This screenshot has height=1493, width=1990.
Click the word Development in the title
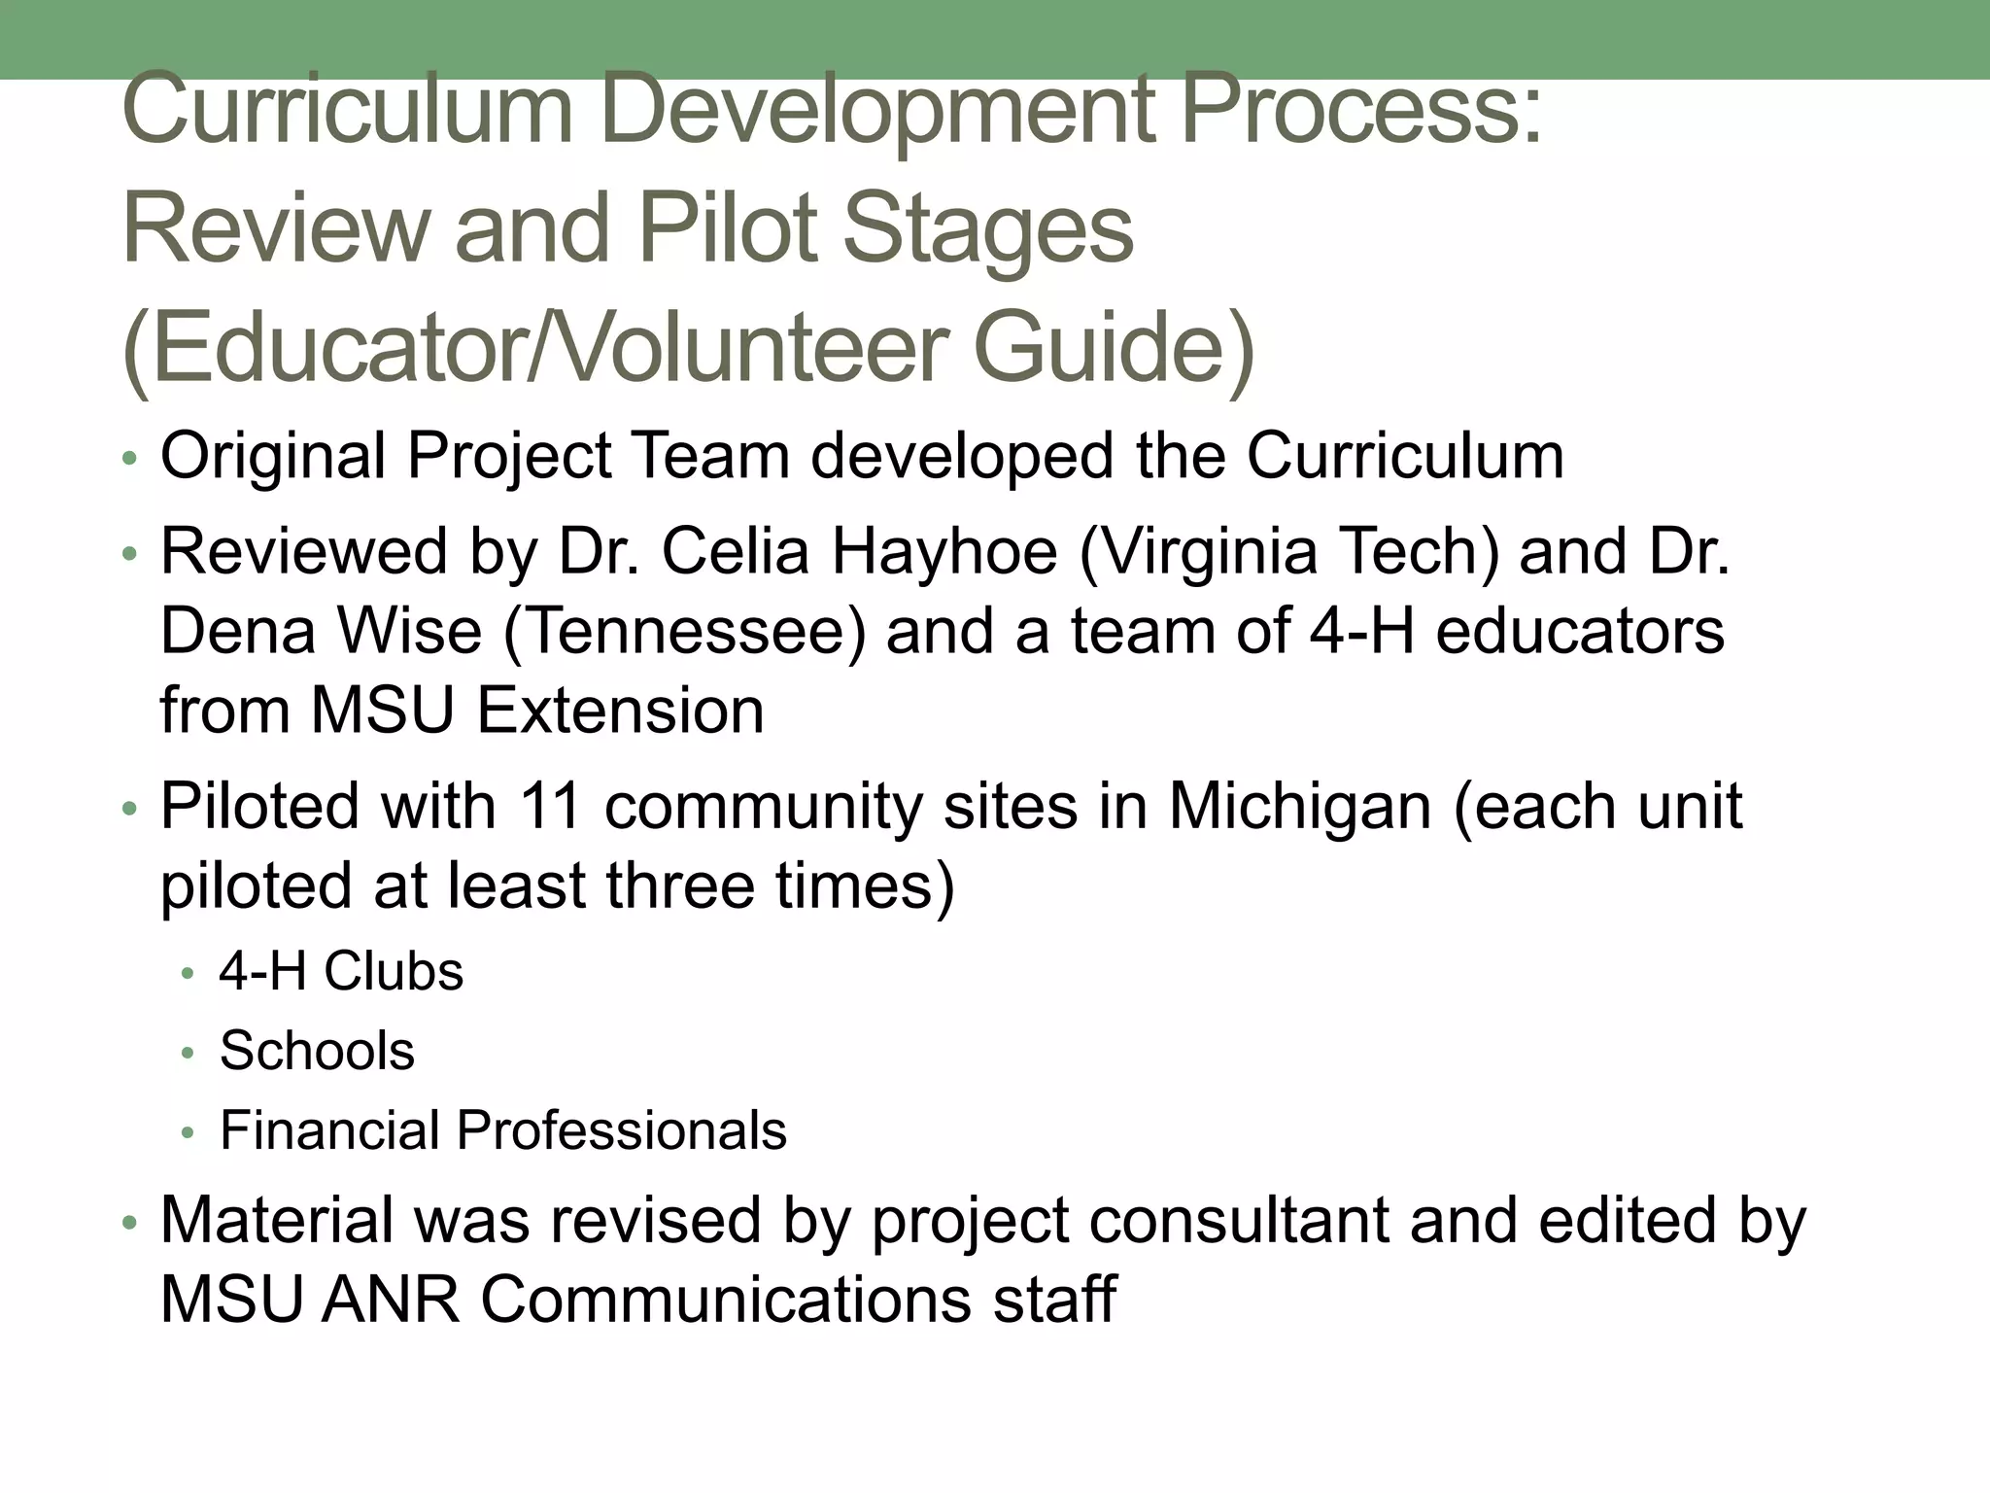[876, 111]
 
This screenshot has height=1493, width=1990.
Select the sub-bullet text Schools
[317, 1050]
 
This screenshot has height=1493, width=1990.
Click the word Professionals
[621, 1129]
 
